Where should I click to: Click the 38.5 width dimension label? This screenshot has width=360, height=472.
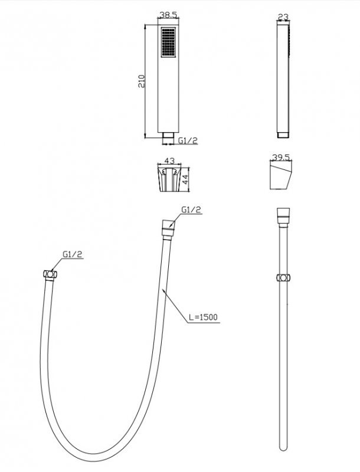(168, 14)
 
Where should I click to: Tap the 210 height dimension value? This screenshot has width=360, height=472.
(142, 81)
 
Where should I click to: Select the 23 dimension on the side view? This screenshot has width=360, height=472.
(283, 17)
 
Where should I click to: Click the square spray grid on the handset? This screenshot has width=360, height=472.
(168, 42)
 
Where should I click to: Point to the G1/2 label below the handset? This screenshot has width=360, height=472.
(188, 140)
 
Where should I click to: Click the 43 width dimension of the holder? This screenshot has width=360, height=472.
(169, 160)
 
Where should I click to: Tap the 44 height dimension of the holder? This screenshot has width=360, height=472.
(185, 180)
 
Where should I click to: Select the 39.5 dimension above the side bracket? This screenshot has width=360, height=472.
(280, 158)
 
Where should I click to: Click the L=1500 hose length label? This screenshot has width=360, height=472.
(203, 317)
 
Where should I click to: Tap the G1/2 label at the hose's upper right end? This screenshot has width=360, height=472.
(191, 210)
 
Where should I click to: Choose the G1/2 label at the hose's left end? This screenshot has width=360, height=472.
(73, 254)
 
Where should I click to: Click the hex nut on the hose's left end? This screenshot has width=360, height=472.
(50, 274)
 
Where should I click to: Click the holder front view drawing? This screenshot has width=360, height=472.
(169, 179)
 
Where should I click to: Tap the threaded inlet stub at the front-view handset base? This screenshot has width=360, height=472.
(168, 136)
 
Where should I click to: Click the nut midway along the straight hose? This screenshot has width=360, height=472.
(283, 277)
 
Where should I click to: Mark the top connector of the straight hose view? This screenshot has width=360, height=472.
(283, 217)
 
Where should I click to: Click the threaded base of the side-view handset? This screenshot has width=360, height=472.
(283, 135)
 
